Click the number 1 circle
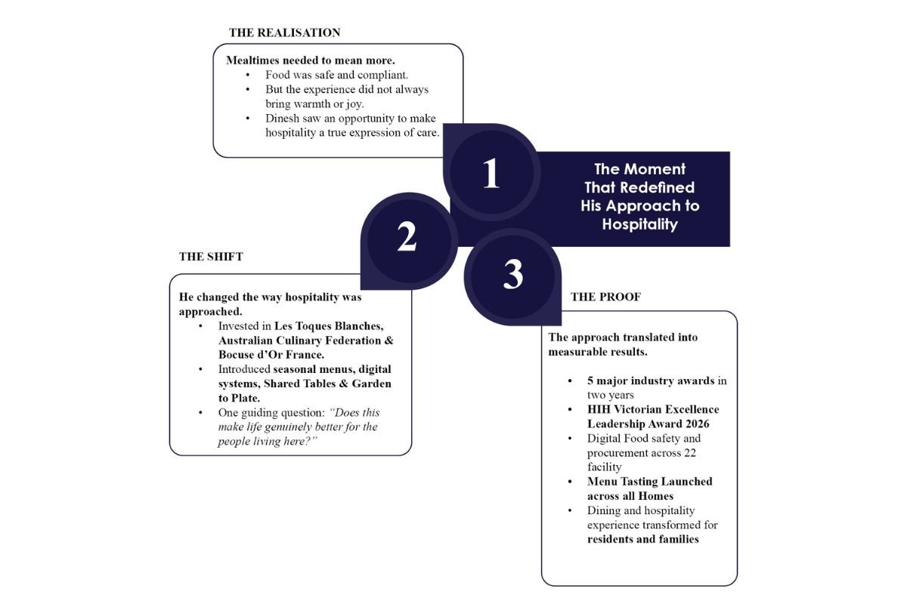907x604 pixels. (x=491, y=172)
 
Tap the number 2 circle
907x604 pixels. (x=409, y=241)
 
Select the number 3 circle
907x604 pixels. (x=512, y=277)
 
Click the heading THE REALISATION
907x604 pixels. (x=284, y=32)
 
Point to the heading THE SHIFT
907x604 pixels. (x=211, y=257)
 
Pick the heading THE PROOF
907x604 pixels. (x=605, y=297)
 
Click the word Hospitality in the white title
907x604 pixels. (x=639, y=224)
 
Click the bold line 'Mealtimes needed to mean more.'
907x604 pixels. (x=311, y=60)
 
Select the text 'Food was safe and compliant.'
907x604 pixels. (x=337, y=75)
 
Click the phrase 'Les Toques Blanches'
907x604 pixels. (x=329, y=326)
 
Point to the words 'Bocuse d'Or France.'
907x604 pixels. (x=271, y=355)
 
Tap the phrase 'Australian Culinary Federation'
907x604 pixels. (x=299, y=341)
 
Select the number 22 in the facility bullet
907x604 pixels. (x=689, y=453)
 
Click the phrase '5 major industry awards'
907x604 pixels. (x=651, y=381)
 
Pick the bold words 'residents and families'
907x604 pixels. (x=643, y=539)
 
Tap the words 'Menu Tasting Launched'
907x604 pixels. (x=650, y=482)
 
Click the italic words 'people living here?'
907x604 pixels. (x=268, y=442)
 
